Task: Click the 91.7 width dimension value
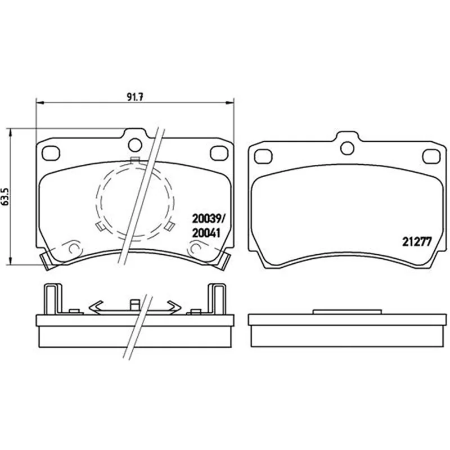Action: (134, 97)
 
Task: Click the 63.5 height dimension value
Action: (6, 197)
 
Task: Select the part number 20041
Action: (206, 233)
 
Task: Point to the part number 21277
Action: (417, 242)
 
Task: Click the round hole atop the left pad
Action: (135, 145)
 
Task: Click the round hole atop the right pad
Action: (347, 148)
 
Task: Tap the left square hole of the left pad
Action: (51, 153)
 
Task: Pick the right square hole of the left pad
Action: (219, 153)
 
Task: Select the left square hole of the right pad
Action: (263, 156)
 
